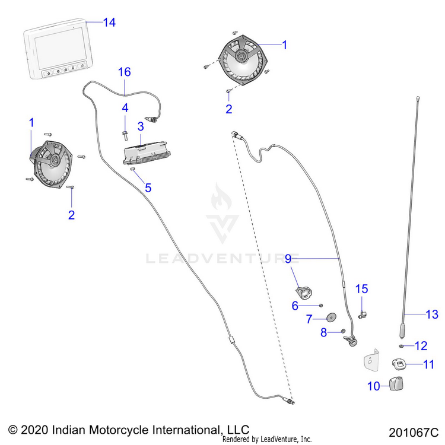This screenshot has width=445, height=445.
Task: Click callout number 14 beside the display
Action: point(109,23)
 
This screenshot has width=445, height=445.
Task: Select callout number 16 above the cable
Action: point(124,72)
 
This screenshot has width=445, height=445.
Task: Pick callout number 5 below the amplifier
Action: point(148,187)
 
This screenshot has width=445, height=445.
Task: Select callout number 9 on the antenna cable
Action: point(288,258)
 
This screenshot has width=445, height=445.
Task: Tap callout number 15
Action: point(362,289)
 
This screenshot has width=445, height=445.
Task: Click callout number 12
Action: point(421,345)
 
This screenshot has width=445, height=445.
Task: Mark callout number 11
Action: point(428,364)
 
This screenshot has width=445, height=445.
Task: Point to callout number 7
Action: point(309,319)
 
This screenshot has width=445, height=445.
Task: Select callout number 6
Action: point(294,305)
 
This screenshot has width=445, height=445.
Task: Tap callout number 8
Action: point(324,333)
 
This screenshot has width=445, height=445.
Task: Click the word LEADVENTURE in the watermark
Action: point(222,258)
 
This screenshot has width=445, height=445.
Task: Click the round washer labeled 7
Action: point(329,317)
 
